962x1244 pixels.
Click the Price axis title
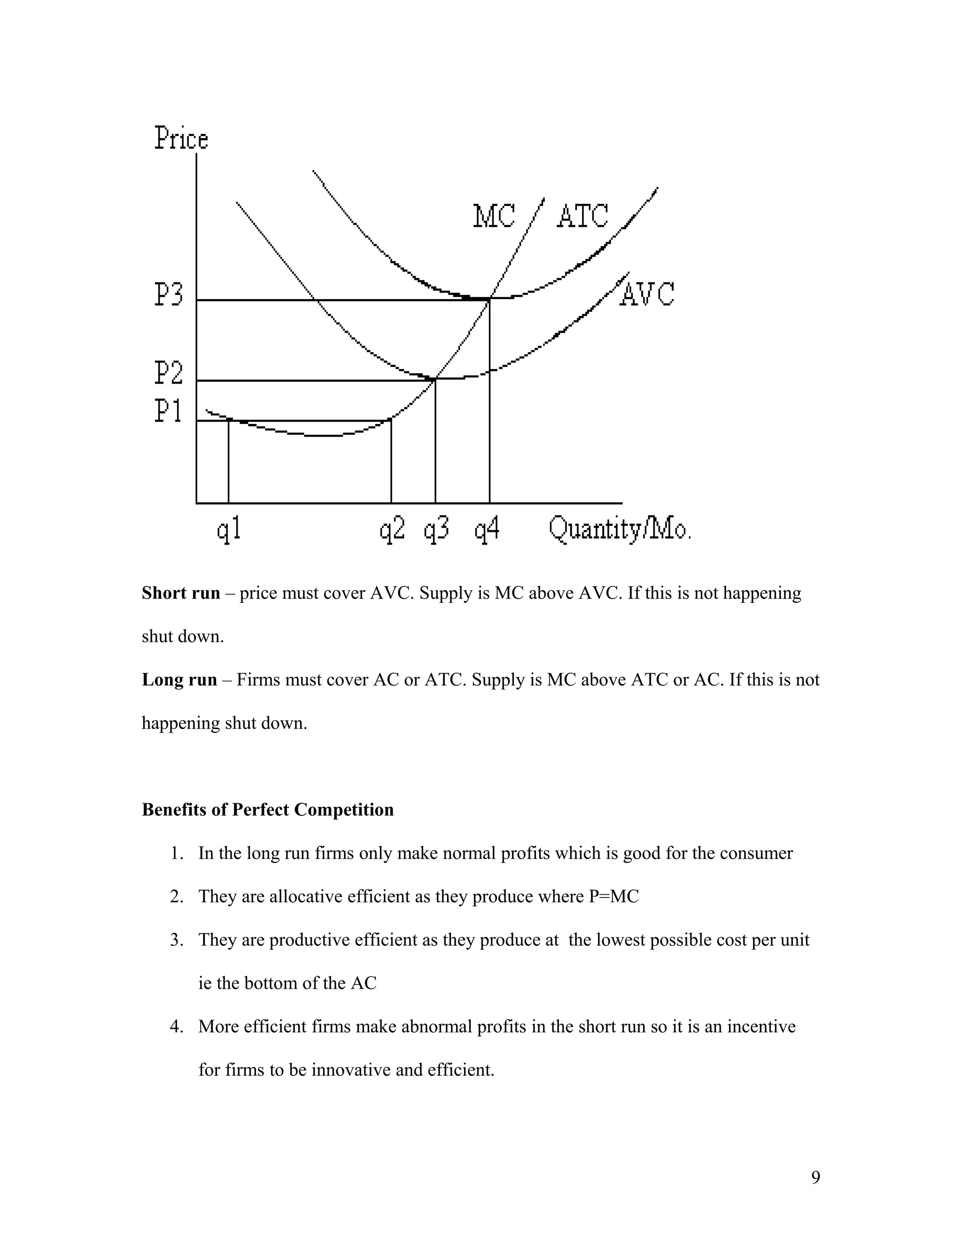181,138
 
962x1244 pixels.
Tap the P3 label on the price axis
169,295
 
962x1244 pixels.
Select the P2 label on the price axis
169,373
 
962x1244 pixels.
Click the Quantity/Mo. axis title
620,529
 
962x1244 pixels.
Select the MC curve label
494,216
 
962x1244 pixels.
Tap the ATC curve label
582,216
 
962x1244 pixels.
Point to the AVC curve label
647,294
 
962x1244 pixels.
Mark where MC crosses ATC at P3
489,299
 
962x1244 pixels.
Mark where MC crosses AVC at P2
435,379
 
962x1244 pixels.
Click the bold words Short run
181,593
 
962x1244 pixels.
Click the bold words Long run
179,680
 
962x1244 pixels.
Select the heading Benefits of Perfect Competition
267,810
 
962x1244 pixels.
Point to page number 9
815,1177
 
